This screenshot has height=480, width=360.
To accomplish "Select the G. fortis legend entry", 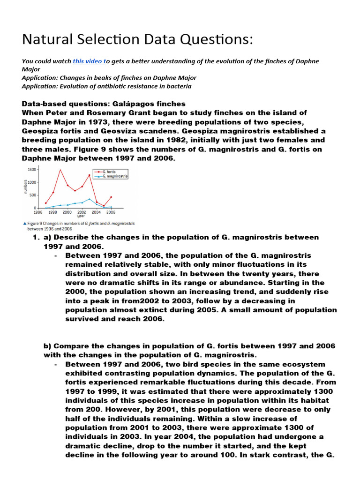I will point(111,172).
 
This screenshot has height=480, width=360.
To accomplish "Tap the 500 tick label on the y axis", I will point(33,195).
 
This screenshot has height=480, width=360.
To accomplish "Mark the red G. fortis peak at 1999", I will point(60,170).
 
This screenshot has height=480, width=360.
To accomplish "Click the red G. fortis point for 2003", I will point(89,175).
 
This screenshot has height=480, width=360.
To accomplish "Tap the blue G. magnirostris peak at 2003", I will point(90,199).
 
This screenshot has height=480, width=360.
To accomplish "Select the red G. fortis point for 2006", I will point(111,197).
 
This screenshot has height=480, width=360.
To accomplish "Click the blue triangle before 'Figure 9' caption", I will point(24,224).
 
